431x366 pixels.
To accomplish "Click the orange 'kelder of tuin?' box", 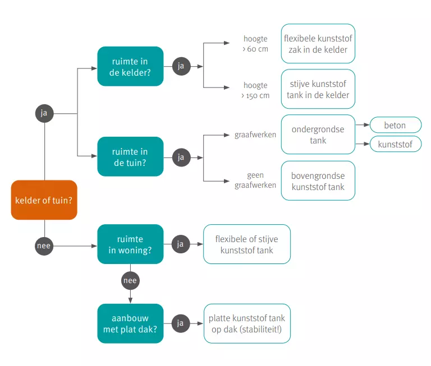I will coord(44,200).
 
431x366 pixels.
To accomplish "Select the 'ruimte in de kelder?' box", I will coord(130,66).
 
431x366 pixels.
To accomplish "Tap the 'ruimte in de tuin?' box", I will coord(130,157).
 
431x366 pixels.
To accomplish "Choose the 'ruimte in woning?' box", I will coord(130,244).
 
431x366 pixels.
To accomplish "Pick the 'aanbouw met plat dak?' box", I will coord(130,323).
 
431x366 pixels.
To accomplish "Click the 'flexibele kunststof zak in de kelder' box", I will coord(318,44).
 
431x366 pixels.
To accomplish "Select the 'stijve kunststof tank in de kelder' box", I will coord(318,89).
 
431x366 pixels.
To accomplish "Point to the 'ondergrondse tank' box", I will coord(318,135).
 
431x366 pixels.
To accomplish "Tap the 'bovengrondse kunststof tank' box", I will coord(318,181).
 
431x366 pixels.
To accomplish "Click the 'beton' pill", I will coord(395,125).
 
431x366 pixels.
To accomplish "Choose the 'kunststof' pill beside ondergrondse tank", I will coord(395,144).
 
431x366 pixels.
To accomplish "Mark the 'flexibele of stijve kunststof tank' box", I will coord(247,244).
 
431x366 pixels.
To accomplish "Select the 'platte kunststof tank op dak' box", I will coord(247,323).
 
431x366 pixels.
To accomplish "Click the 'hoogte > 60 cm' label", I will coord(255,44).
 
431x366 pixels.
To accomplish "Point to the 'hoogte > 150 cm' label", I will coord(255,90).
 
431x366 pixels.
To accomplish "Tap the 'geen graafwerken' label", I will coord(255,180).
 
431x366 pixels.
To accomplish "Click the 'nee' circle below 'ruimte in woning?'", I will coord(130,280).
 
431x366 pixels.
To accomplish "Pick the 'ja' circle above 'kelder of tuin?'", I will coord(44,113).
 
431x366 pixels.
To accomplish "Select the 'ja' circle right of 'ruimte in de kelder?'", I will coord(181,66).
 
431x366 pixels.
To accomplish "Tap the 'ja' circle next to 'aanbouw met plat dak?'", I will coord(181,323).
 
